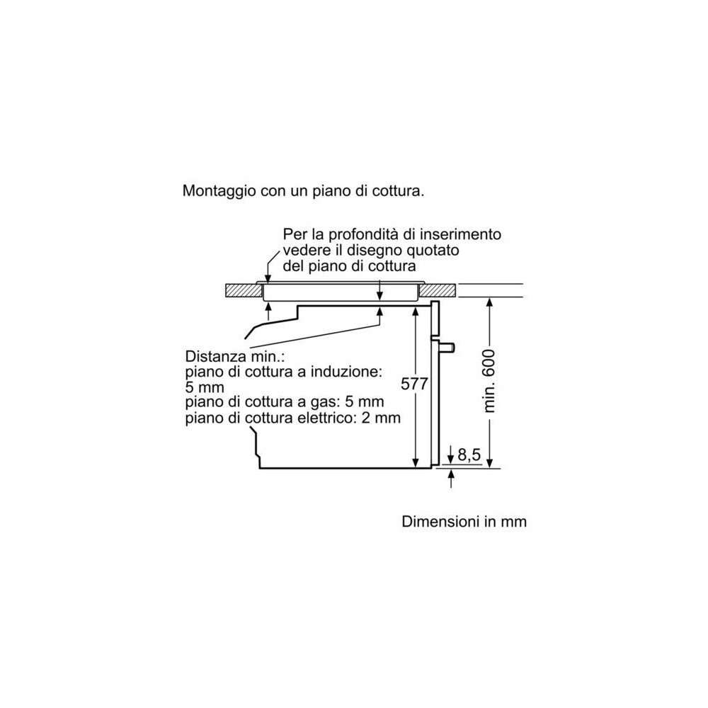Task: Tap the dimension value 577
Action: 415,384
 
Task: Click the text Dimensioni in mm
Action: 464,522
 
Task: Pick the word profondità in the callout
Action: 359,234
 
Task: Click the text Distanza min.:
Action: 229,356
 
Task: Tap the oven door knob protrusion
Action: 448,347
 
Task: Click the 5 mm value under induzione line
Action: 205,387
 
